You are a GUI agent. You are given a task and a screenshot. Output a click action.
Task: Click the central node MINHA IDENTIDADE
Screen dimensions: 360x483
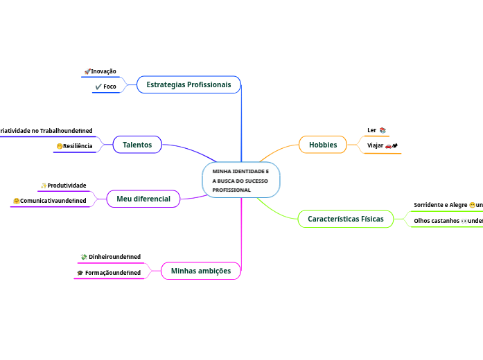pos(240,180)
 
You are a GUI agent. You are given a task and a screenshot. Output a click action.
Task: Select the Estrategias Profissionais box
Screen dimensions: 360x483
pos(188,84)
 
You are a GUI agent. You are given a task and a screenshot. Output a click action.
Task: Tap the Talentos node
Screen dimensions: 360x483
pos(137,144)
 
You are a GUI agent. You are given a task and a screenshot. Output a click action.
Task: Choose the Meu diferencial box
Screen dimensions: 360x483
pos(143,199)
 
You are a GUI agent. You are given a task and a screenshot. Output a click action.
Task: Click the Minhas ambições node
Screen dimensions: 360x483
pos(200,271)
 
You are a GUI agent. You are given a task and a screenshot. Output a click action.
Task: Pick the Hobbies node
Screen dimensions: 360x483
pos(323,145)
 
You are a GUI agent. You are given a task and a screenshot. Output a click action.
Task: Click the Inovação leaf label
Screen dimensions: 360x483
pos(104,71)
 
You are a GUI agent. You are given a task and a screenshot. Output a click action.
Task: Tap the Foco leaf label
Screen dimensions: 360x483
pos(109,87)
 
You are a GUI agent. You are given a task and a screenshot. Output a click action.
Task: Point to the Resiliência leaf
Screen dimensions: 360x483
pos(78,146)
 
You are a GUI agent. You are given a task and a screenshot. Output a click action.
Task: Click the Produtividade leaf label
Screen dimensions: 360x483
pos(67,186)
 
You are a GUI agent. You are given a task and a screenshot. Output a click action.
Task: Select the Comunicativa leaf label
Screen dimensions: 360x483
pos(53,201)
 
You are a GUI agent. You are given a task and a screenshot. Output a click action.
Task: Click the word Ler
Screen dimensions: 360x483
pos(371,129)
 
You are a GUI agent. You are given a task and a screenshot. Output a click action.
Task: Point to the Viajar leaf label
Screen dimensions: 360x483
pos(375,145)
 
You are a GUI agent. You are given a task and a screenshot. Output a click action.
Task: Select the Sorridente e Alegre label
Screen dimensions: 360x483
pos(441,205)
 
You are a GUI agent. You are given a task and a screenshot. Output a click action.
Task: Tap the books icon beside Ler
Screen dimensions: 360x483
pos(383,130)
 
